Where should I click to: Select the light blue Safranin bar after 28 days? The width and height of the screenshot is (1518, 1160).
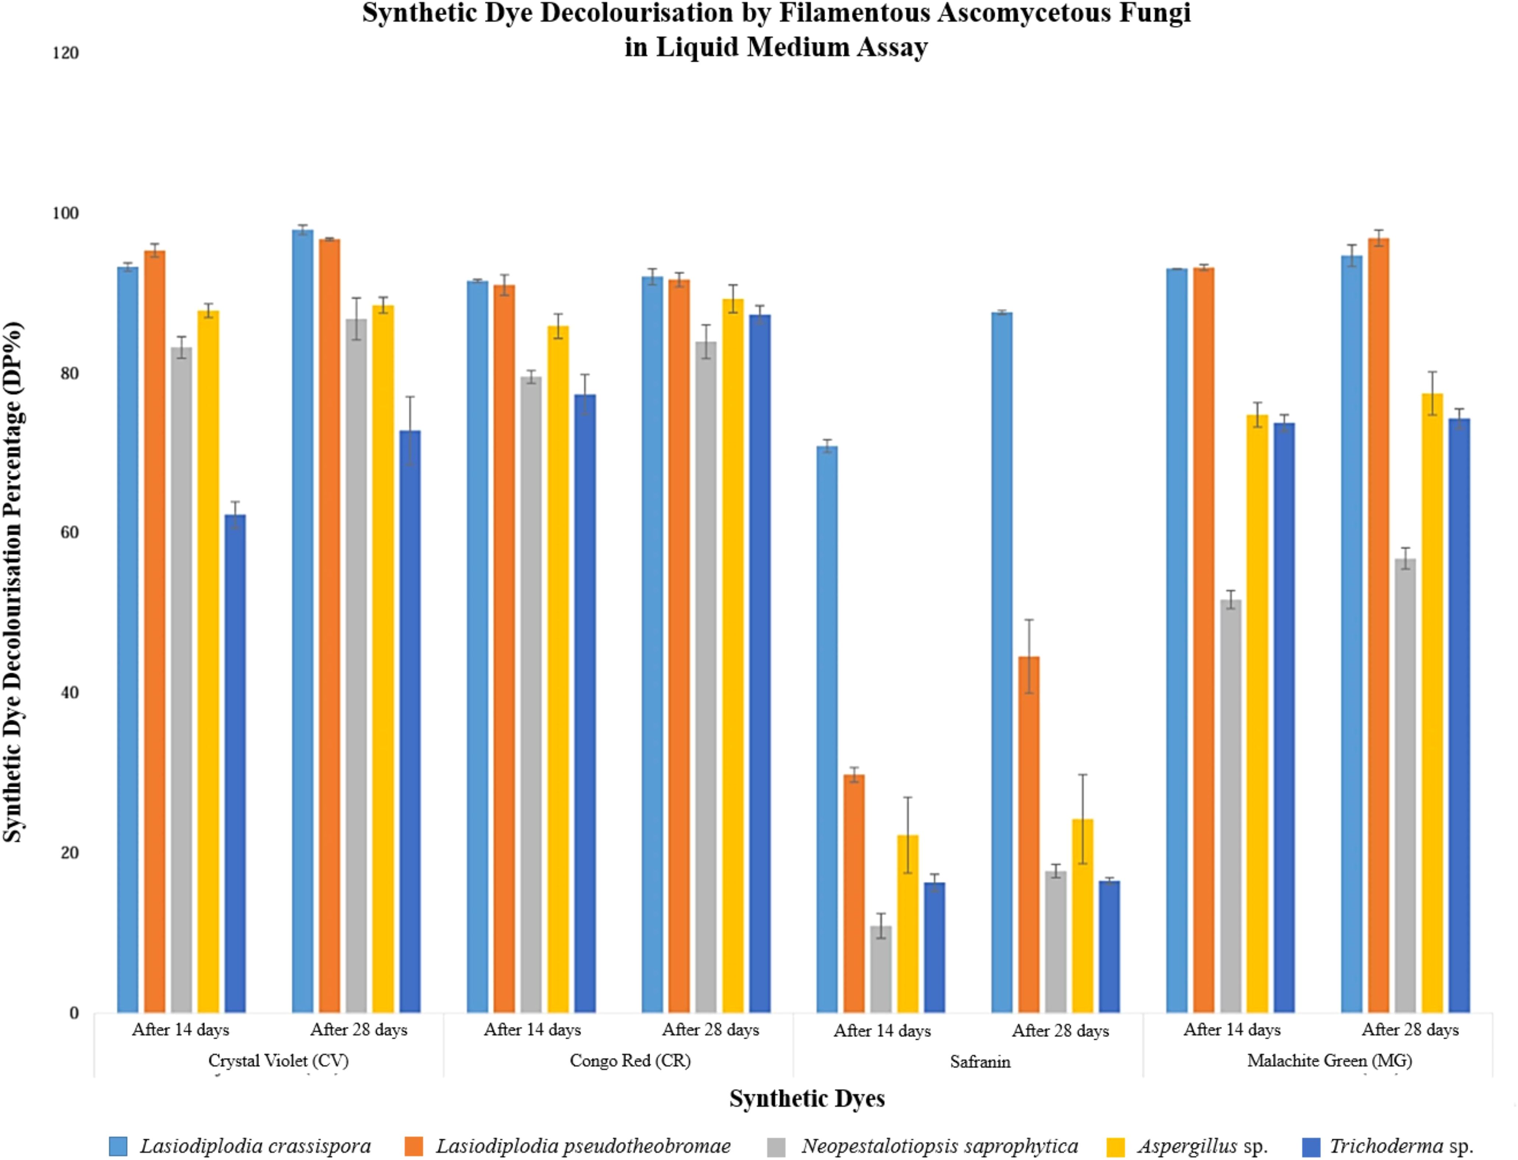click(x=1002, y=663)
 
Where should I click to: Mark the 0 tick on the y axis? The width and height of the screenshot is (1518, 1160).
click(x=74, y=1013)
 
